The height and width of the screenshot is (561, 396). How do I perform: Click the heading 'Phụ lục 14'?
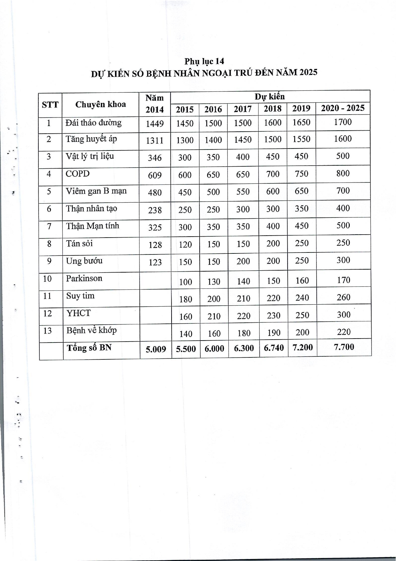tap(204, 61)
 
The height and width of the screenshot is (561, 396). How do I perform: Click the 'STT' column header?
tap(50, 105)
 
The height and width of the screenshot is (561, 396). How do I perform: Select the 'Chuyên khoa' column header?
tap(100, 105)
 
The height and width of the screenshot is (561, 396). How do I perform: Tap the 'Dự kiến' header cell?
tap(269, 96)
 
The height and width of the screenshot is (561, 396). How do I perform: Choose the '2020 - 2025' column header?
tap(342, 108)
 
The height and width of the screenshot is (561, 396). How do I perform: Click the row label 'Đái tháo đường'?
tap(94, 123)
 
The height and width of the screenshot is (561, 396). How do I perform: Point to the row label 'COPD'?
tap(78, 174)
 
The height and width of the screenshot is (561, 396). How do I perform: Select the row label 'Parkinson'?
tap(84, 278)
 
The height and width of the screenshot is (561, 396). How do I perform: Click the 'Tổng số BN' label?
tap(89, 347)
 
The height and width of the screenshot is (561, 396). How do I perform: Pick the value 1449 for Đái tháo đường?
tap(155, 124)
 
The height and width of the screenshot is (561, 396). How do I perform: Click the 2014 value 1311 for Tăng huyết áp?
tap(155, 140)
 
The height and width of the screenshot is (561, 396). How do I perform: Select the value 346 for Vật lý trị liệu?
tap(155, 158)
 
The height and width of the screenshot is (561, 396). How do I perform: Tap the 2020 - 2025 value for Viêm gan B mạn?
tap(343, 191)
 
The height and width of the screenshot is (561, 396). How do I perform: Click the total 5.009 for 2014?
tap(156, 349)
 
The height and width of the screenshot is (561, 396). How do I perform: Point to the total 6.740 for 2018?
tap(274, 348)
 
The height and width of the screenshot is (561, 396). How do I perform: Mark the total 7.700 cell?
tap(344, 347)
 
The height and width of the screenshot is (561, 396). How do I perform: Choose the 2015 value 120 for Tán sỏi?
tap(185, 245)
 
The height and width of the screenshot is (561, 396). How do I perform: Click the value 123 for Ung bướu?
tap(155, 262)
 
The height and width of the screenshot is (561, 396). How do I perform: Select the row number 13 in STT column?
tap(48, 330)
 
